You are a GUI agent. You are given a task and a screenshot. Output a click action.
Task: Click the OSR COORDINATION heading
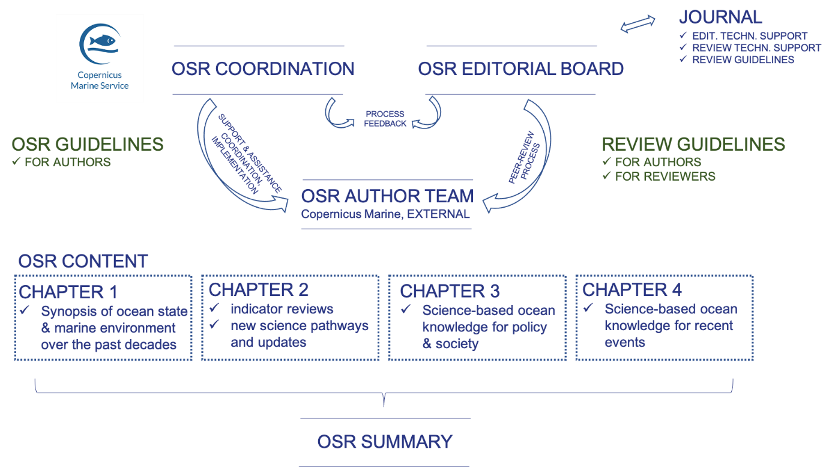tap(263, 69)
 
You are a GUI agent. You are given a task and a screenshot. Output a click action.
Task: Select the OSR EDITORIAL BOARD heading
tap(520, 69)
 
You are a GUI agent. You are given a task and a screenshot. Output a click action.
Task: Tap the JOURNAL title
tap(720, 17)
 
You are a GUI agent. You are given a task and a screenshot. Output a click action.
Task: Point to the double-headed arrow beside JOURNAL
tap(638, 24)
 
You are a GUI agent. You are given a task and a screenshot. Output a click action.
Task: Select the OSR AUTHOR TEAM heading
tap(387, 196)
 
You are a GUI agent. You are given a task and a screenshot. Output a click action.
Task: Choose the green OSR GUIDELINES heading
tap(88, 144)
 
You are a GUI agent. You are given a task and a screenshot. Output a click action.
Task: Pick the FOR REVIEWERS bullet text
tap(665, 176)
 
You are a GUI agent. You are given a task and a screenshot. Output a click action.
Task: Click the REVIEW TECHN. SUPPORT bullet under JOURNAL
tap(756, 48)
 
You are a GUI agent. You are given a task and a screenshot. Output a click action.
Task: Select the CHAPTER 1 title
tap(68, 292)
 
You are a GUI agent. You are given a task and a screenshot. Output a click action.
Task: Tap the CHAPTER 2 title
tap(259, 290)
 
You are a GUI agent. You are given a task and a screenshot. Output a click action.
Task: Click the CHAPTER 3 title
tap(450, 291)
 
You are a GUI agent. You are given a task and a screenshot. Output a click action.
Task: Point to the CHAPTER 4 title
tap(632, 290)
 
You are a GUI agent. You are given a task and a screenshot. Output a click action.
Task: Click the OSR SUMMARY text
tap(385, 442)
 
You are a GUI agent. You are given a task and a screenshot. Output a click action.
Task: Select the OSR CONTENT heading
tap(83, 261)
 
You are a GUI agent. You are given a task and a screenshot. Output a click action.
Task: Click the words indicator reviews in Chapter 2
tap(282, 309)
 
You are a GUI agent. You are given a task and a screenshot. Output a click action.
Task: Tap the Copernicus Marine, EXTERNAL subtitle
tap(385, 214)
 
